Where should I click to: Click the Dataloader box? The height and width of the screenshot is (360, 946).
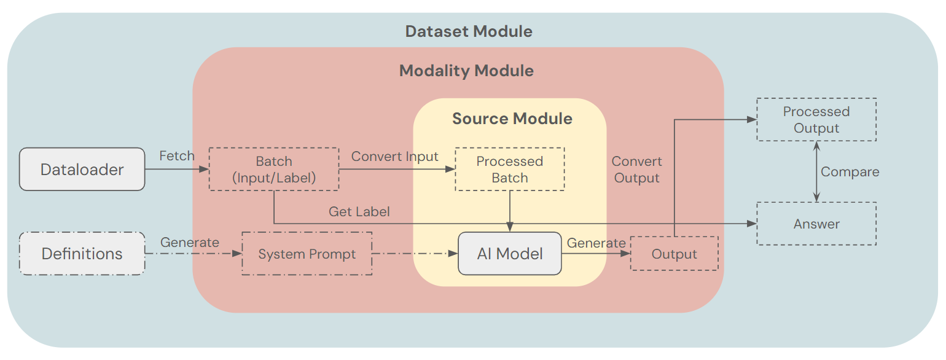[x=82, y=169]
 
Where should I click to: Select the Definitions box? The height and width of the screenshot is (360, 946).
[x=82, y=253]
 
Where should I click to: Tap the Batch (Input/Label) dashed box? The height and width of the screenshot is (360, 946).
[x=274, y=170]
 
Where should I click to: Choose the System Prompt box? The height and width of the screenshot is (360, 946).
[x=307, y=254]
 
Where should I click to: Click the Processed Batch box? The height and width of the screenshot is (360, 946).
[x=509, y=170]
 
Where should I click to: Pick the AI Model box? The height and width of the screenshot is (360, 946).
[x=510, y=254]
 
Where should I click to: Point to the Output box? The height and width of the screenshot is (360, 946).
[x=674, y=254]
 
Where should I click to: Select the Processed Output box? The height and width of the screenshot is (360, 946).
[x=816, y=120]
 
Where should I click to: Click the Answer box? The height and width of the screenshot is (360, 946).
[x=816, y=224]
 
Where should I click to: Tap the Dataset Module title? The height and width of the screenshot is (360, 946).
[x=469, y=31]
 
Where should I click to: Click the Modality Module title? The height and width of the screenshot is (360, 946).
[x=466, y=71]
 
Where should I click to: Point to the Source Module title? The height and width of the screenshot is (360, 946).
[x=512, y=119]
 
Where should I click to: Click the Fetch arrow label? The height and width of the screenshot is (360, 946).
[x=177, y=156]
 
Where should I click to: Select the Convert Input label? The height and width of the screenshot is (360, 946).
[x=394, y=157]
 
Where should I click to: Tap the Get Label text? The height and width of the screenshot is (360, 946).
[x=359, y=212]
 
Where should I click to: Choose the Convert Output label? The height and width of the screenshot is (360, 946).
[x=636, y=170]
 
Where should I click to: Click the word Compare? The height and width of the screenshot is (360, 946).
[x=850, y=172]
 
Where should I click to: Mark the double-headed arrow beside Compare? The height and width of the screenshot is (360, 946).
[x=816, y=171]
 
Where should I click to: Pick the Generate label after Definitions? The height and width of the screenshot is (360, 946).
[x=190, y=243]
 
